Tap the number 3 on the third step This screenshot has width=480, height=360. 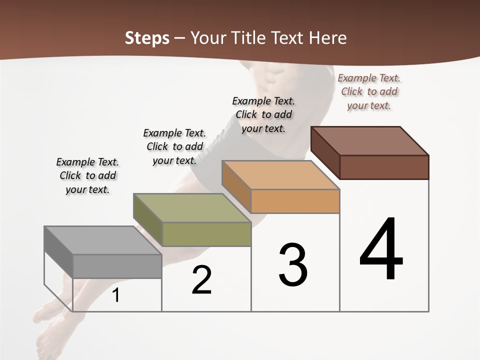pyautogui.click(x=293, y=265)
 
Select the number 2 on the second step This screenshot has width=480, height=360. pyautogui.click(x=202, y=280)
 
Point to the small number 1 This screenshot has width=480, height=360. pyautogui.click(x=116, y=295)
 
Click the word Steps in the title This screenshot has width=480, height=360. pyautogui.click(x=147, y=38)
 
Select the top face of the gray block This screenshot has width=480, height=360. pyautogui.click(x=102, y=240)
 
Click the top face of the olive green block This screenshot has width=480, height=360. pyautogui.click(x=192, y=208)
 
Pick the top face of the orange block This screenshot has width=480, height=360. pyautogui.click(x=280, y=175)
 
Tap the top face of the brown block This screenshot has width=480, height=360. pyautogui.click(x=370, y=140)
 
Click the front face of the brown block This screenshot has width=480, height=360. pyautogui.click(x=384, y=167)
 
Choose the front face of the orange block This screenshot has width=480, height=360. pyautogui.click(x=295, y=201)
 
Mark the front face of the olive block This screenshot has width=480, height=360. pyautogui.click(x=206, y=234)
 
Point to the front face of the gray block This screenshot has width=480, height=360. pyautogui.click(x=117, y=266)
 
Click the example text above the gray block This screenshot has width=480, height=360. pyautogui.click(x=87, y=175)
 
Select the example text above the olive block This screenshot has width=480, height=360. pyautogui.click(x=174, y=146)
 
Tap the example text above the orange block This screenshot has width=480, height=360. pyautogui.click(x=263, y=114)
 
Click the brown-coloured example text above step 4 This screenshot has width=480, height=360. pyautogui.click(x=369, y=91)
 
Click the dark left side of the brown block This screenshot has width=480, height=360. pyautogui.click(x=325, y=152)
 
